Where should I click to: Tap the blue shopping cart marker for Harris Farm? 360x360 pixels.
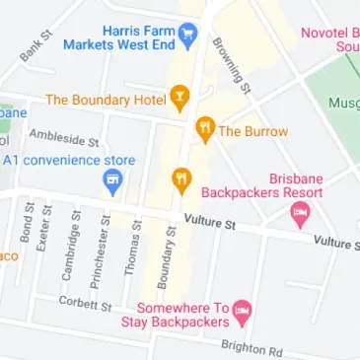point(188,36)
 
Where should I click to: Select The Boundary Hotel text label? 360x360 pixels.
point(105,99)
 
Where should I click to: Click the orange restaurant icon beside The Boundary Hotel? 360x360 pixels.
point(180,98)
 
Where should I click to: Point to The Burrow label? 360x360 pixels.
point(253,130)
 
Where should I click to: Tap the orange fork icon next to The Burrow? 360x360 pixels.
point(205,128)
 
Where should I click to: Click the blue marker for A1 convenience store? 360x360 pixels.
point(111,181)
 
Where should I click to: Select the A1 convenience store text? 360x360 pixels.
point(68,160)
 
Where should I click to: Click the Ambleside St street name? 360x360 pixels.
point(64,137)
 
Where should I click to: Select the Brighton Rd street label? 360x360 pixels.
point(252,348)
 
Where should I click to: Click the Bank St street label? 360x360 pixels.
point(33,49)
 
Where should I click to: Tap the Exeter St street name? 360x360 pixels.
point(43,228)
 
